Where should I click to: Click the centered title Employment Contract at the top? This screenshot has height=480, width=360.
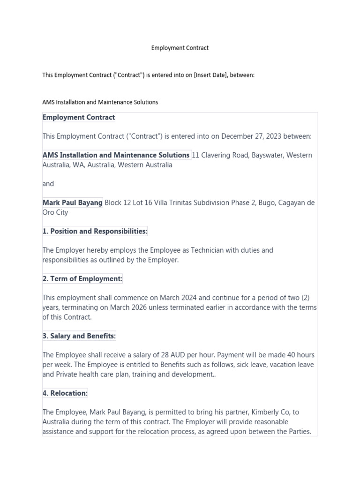point(180,48)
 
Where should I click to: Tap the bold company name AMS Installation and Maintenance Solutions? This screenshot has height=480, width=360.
point(116,155)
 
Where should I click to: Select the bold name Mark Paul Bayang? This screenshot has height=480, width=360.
point(72,203)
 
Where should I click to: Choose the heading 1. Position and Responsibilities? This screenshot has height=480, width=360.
point(95,232)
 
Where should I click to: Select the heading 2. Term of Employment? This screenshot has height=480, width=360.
point(82,279)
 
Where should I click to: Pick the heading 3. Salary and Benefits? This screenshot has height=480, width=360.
point(79,336)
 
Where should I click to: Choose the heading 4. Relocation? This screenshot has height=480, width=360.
point(65,393)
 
